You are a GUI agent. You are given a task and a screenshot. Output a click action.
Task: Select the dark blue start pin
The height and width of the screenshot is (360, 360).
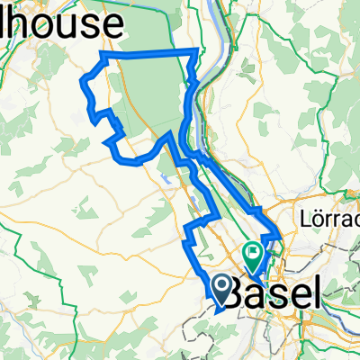point(222,287)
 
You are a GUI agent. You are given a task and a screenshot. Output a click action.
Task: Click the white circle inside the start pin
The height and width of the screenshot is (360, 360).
point(222,284)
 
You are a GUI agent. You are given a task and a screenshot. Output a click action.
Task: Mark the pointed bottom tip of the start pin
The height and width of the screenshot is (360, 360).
point(222,301)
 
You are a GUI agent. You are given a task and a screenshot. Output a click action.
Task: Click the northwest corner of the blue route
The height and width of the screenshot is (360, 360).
point(104,56)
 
